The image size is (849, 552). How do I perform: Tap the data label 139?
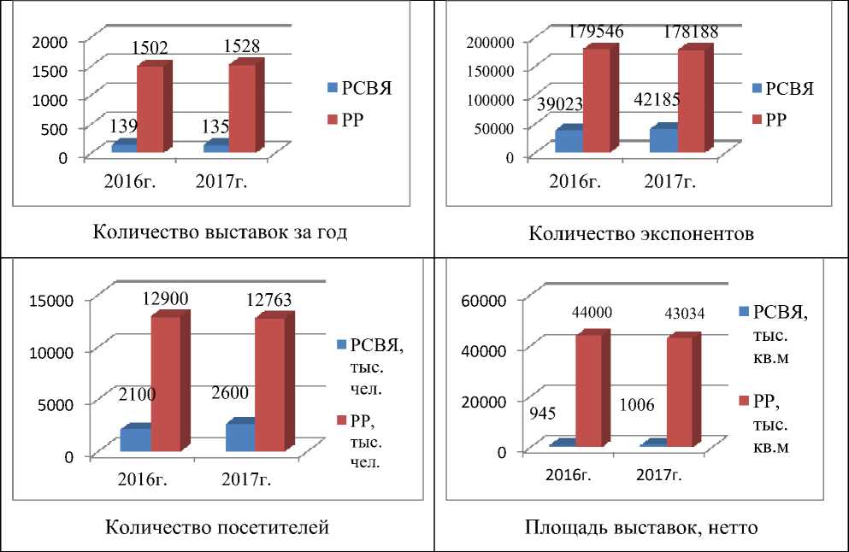[x=126, y=126]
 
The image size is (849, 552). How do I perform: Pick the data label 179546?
[x=593, y=32]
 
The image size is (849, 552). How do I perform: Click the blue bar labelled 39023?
[x=569, y=141]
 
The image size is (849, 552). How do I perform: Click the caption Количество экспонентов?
[x=641, y=233]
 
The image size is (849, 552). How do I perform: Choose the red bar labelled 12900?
[x=166, y=384]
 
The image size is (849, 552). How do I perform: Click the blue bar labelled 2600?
[x=239, y=437]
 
